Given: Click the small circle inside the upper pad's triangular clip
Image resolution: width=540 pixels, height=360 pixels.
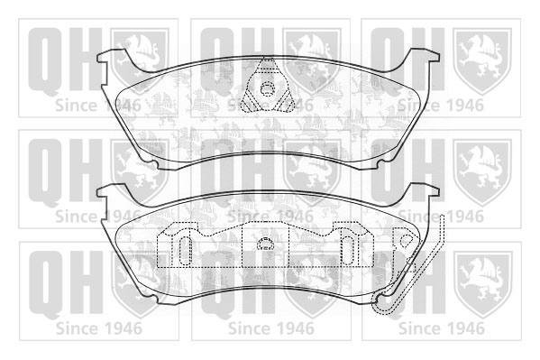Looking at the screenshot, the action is (x=267, y=88).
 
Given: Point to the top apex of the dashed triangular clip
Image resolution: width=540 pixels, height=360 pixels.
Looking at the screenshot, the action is (x=267, y=58).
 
